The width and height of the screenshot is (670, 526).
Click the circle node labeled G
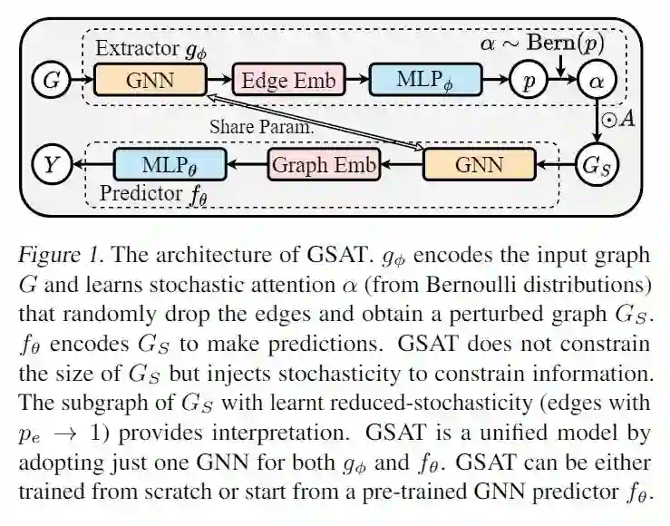point(51,82)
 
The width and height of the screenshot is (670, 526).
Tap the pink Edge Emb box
point(287,81)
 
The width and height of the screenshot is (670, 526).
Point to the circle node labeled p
point(525,82)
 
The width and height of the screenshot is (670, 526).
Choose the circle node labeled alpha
point(597,82)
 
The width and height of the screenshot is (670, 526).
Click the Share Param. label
point(261,127)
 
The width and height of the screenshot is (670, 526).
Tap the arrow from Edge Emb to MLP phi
point(357,81)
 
